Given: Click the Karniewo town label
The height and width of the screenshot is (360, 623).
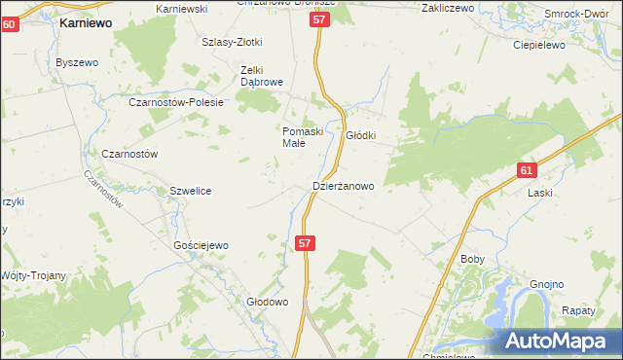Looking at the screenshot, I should click(86, 21).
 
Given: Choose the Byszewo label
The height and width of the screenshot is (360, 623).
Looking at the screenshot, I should click(78, 62).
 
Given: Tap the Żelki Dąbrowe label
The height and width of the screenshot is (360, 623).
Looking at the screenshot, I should click(262, 76).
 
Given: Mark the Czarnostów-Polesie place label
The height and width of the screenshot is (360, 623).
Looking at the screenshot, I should click(177, 102).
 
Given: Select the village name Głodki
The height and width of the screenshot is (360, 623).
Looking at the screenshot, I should click(360, 136).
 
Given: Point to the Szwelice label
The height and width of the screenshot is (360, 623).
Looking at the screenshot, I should click(191, 192).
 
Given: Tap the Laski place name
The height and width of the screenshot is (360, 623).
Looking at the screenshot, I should click(540, 193).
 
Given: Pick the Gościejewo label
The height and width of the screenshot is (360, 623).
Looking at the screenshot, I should click(202, 246).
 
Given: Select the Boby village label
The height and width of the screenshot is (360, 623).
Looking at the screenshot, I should click(472, 260).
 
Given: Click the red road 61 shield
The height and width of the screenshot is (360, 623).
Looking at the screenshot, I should click(526, 170).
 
